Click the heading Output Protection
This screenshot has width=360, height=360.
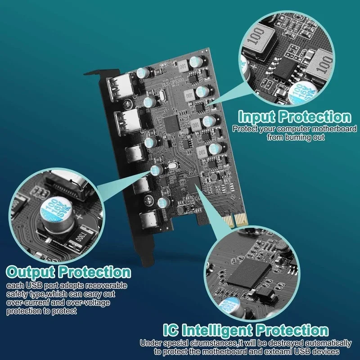tap(68, 272)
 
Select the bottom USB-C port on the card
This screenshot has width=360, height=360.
tap(149, 221)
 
